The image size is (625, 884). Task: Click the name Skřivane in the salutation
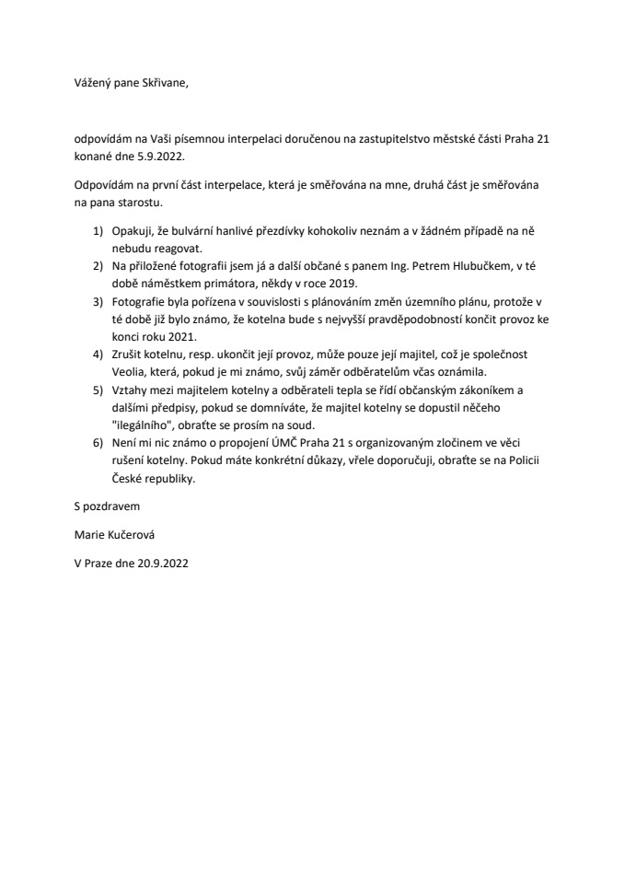pyautogui.click(x=163, y=83)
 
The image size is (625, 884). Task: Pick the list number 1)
pyautogui.click(x=98, y=235)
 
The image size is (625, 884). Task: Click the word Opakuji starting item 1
pyautogui.click(x=134, y=235)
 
